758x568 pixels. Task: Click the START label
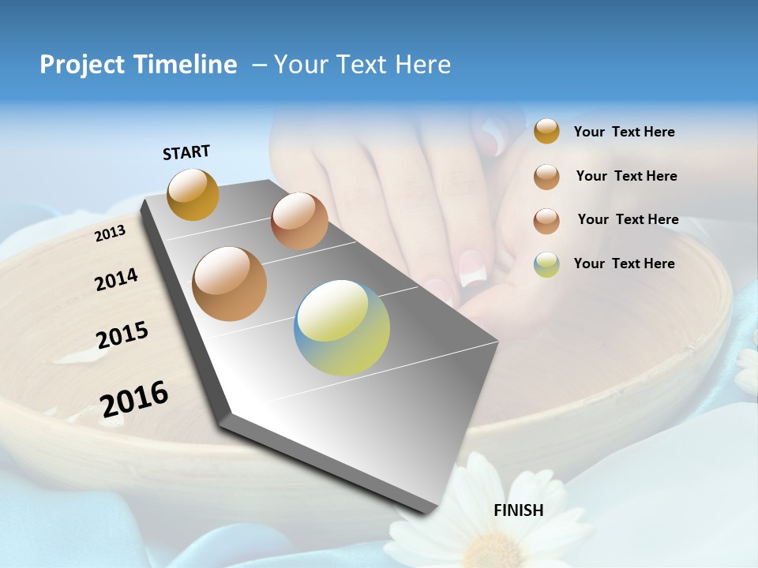click(186, 152)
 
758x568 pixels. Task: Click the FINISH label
click(518, 510)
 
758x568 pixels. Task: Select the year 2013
click(110, 234)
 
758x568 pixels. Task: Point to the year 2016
click(134, 399)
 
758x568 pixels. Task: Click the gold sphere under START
click(193, 194)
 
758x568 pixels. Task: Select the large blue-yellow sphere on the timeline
click(342, 327)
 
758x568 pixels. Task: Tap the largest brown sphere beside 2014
click(229, 284)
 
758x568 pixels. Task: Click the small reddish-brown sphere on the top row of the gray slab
click(299, 221)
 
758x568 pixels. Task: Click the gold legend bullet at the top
click(546, 131)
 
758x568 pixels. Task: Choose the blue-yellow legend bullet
click(546, 263)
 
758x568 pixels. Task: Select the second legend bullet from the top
click(546, 177)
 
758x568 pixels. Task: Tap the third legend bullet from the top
click(546, 221)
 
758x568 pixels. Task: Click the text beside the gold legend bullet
click(624, 133)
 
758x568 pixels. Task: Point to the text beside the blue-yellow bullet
click(624, 263)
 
